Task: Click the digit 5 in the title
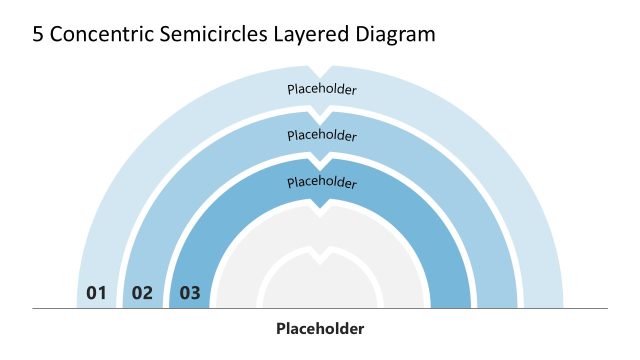click(38, 34)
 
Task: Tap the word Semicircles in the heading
click(207, 34)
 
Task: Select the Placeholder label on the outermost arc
click(321, 89)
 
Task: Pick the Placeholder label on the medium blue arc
click(321, 135)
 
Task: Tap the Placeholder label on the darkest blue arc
click(321, 182)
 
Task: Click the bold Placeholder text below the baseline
click(320, 328)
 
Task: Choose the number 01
click(96, 293)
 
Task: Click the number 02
click(142, 293)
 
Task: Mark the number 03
click(189, 293)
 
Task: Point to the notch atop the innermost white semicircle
click(320, 255)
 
